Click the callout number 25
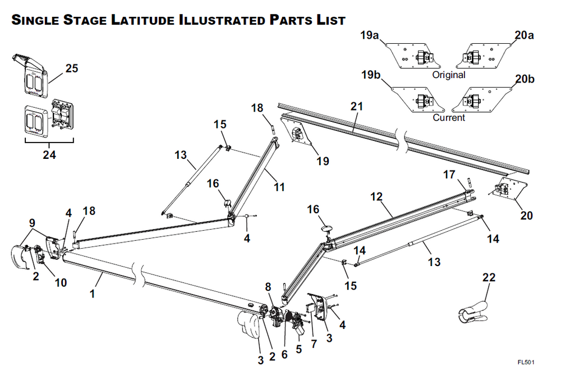71,68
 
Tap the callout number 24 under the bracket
49,155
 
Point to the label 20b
524,79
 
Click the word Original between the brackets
449,75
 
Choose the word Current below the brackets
449,118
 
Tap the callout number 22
489,278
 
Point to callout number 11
279,187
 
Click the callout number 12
376,196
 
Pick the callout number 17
449,175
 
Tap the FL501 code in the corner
526,362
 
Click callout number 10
61,282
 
